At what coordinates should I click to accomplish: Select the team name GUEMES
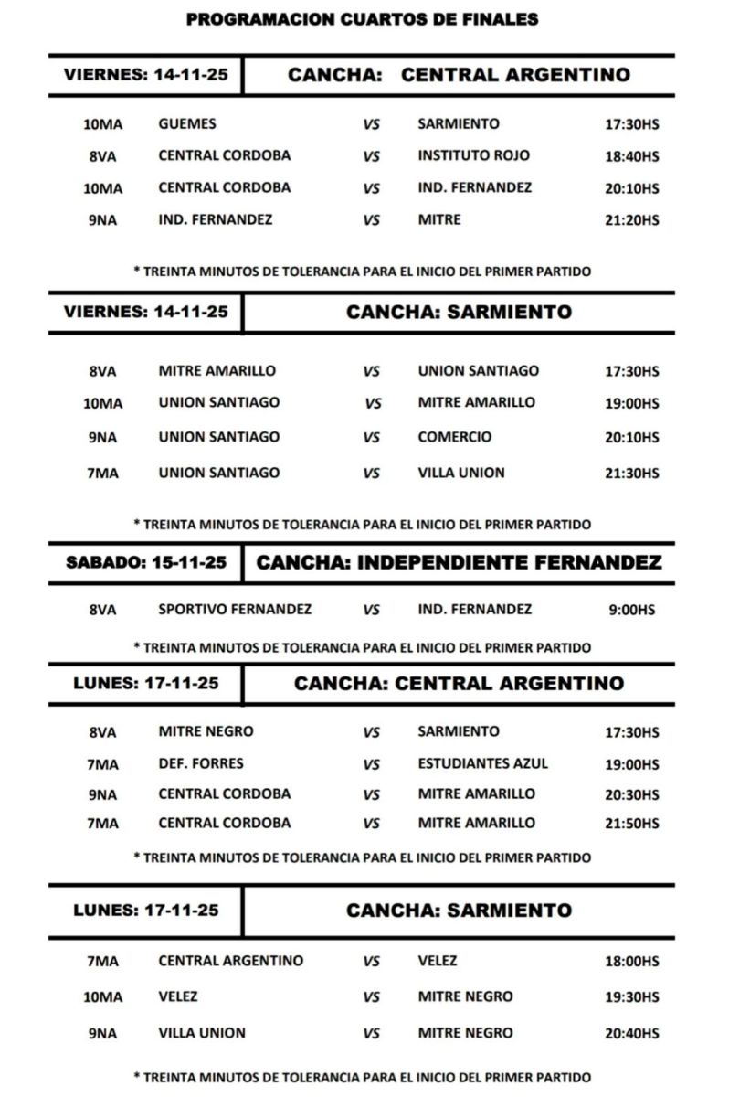187,123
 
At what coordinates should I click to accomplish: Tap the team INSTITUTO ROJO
473,155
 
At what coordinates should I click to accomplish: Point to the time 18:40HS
631,156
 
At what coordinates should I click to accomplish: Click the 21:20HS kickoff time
631,220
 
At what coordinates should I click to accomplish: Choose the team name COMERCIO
454,437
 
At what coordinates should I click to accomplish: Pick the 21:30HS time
631,474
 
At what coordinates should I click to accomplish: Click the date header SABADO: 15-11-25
146,563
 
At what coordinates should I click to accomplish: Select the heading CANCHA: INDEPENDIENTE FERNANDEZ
459,563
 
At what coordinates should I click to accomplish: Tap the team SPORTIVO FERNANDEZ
235,609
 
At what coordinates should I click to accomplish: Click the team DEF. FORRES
201,763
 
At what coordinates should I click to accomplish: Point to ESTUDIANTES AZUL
483,763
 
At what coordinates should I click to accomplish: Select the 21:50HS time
631,824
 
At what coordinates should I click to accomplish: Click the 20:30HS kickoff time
631,794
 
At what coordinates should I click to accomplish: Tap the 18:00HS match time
631,962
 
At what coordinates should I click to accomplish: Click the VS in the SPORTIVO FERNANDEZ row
372,610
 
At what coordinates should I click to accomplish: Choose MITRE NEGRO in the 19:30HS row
465,996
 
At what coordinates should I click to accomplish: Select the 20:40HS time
631,1034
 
